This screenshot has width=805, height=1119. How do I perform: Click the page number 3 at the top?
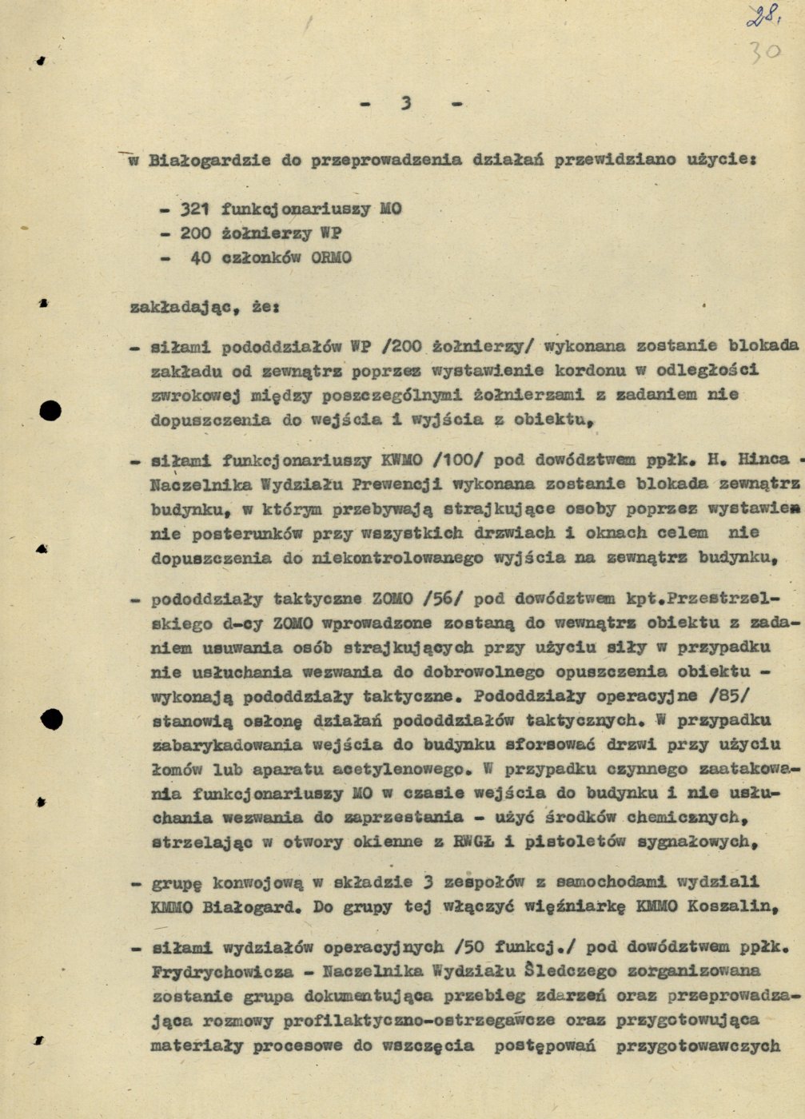407,103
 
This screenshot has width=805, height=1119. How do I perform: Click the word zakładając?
182,306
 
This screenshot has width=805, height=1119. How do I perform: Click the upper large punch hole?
50,411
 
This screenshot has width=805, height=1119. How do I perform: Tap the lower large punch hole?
52,719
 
